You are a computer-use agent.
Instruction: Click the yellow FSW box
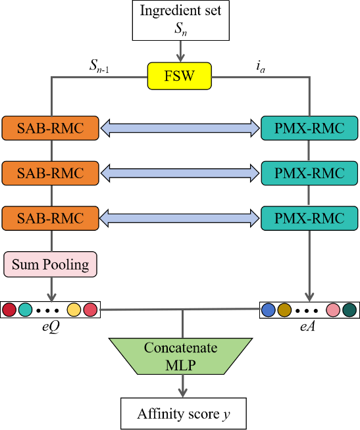tap(180, 76)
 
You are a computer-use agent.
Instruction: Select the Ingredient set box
tap(181, 20)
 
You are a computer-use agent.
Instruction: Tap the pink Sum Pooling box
tap(50, 264)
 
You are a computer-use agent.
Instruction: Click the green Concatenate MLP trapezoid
tap(181, 356)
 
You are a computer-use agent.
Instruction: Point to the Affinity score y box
tap(184, 414)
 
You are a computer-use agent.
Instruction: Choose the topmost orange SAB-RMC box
tap(50, 128)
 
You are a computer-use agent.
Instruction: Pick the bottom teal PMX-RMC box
tap(309, 218)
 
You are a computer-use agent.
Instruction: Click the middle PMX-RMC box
tap(309, 173)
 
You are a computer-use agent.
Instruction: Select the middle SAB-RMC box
tap(50, 173)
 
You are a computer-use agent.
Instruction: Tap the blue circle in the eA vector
tap(269, 310)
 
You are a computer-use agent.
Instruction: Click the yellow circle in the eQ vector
tap(74, 310)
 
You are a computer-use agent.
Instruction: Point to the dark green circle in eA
tap(349, 310)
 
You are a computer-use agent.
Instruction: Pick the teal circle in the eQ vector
tap(25, 310)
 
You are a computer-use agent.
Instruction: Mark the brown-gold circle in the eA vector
tap(284, 310)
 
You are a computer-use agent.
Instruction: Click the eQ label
tap(51, 327)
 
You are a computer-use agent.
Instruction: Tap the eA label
tap(307, 326)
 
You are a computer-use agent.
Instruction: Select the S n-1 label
tap(99, 66)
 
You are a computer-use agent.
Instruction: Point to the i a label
tap(261, 66)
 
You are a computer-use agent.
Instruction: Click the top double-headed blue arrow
tap(180, 128)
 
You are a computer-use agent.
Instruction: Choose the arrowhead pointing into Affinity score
tap(182, 393)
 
